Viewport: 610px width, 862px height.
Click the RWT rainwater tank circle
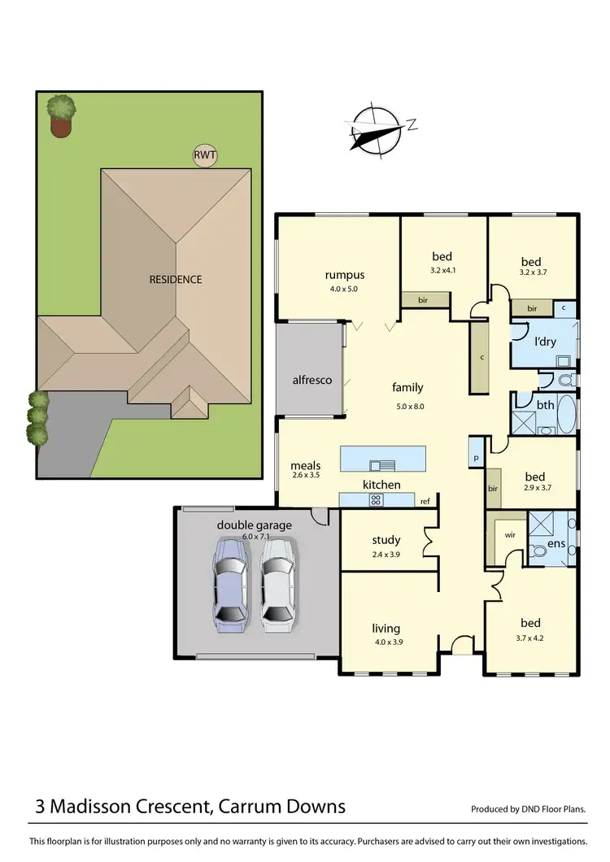[x=205, y=155]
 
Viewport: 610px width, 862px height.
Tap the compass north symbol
[x=377, y=128]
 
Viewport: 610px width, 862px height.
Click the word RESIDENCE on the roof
[x=176, y=280]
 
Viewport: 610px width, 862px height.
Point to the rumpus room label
[x=344, y=275]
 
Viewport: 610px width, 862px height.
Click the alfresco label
[x=312, y=380]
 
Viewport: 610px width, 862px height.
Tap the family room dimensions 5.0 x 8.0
[x=407, y=406]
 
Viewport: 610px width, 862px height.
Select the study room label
[x=386, y=540]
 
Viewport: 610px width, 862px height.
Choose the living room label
[x=386, y=628]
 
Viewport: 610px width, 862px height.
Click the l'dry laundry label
[x=545, y=342]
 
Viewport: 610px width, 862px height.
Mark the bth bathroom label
[x=546, y=403]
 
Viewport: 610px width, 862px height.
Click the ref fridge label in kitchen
[x=425, y=502]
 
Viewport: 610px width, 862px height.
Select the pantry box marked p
[x=475, y=459]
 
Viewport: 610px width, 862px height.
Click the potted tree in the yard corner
[x=61, y=115]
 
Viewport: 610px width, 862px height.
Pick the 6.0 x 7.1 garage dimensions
[x=255, y=536]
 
